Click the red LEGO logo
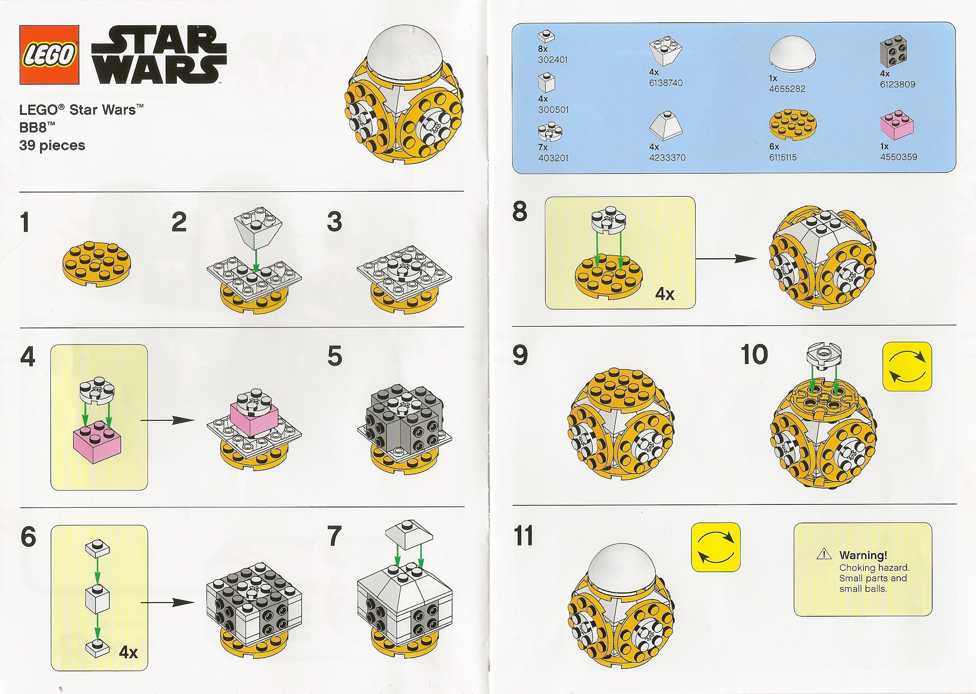pos(49,55)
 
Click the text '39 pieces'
pos(52,146)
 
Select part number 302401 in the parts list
pos(553,60)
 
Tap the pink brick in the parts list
pos(897,125)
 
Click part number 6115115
pos(782,157)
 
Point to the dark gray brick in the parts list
pos(894,53)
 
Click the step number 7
pos(334,536)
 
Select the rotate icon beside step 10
pos(907,366)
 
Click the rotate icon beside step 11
pos(715,547)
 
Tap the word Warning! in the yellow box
pos(863,555)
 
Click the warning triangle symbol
pos(823,555)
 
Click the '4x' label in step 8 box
pos(665,294)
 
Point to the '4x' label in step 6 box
pos(128,652)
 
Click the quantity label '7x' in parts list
pos(543,147)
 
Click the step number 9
pos(520,356)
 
